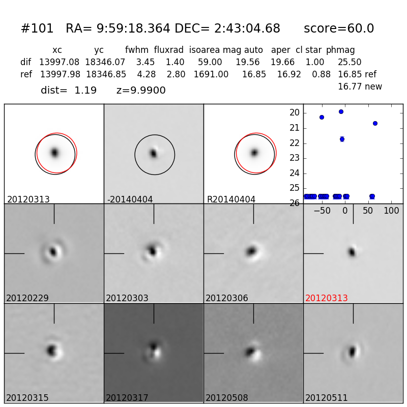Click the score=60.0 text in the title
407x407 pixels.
[339, 29]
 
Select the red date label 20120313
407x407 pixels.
[326, 298]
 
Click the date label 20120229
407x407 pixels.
[27, 298]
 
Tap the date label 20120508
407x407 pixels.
[227, 398]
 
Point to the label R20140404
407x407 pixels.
[231, 199]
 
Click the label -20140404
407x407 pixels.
[130, 199]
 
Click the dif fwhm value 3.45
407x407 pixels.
[146, 62]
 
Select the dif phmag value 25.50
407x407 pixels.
[350, 62]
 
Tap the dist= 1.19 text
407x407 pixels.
[69, 91]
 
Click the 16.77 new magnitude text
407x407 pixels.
[360, 86]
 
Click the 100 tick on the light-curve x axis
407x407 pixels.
[391, 211]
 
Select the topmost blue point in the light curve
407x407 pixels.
[341, 111]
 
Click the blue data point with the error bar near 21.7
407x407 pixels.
[342, 139]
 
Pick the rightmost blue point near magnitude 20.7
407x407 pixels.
[375, 123]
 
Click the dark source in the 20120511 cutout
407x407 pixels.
[352, 351]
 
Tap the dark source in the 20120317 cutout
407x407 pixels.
[153, 347]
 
